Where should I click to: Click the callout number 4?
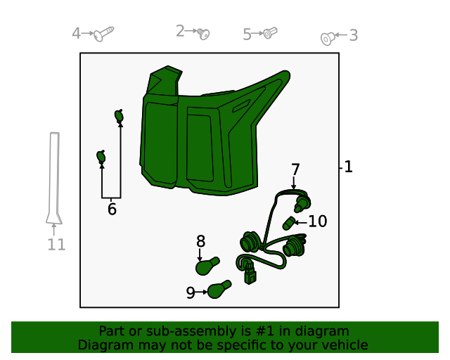coord(76,33)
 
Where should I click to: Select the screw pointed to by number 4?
coord(104,34)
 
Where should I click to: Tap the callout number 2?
coord(180,31)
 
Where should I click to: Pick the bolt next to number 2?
coord(203,34)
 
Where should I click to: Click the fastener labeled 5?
coord(270,32)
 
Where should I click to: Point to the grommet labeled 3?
coord(328,39)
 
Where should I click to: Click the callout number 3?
coord(353,35)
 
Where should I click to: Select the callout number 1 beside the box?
coord(348,167)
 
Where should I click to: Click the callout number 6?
coord(112,209)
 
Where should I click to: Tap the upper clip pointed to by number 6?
coord(119,116)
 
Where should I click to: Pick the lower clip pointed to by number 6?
coord(101,157)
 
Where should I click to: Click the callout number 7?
coord(295,169)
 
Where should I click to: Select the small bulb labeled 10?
coord(288,224)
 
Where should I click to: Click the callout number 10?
coord(317,221)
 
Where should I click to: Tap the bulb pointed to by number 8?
coord(207,266)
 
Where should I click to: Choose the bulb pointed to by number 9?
coord(219,290)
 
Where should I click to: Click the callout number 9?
coord(191,292)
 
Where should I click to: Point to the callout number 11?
coord(56,245)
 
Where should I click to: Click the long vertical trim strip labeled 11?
coord(54,178)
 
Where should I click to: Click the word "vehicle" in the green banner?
coord(348,345)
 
